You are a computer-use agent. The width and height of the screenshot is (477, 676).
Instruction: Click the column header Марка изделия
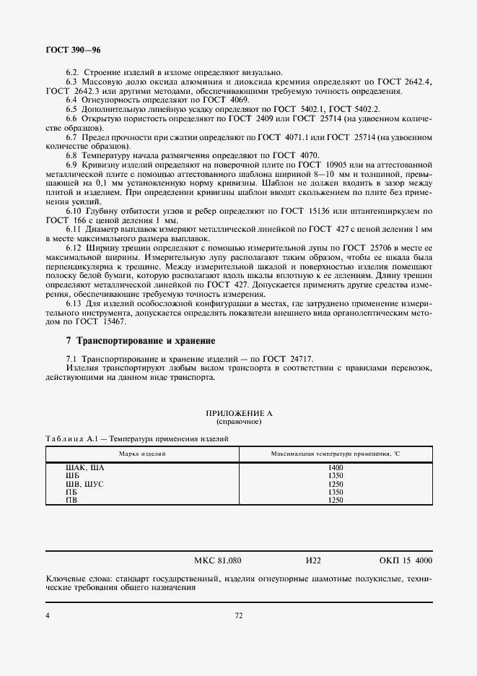tap(142, 453)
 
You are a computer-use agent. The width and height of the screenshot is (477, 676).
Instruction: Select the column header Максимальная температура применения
tap(335, 453)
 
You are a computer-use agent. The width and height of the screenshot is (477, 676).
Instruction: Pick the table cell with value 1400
tap(335, 468)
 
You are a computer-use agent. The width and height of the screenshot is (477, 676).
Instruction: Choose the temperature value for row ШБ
tap(335, 476)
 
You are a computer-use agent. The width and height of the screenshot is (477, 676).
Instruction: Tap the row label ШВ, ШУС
tap(85, 484)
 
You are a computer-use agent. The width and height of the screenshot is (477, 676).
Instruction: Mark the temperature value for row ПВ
tap(335, 500)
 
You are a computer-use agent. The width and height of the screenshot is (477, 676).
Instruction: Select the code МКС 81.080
tap(218, 560)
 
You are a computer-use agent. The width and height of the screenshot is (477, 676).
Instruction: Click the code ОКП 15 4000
tap(406, 560)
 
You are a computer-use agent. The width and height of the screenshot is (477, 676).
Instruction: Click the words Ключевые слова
tap(75, 579)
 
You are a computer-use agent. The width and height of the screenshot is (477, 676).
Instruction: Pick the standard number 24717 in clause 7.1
tap(299, 359)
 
